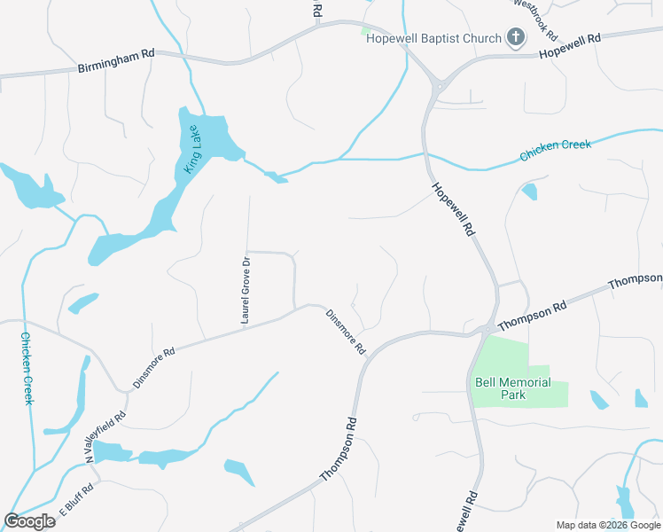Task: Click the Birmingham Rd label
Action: (116, 60)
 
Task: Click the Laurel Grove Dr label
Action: (246, 289)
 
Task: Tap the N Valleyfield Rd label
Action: (107, 435)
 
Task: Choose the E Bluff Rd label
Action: (76, 501)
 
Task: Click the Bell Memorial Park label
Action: (512, 388)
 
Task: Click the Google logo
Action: (29, 520)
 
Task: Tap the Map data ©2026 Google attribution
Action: (607, 525)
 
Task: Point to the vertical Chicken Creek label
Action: (27, 368)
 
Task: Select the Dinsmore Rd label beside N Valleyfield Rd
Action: (154, 367)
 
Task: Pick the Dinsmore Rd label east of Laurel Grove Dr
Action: (346, 332)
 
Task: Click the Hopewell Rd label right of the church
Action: (569, 46)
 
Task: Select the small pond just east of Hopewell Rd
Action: (530, 192)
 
